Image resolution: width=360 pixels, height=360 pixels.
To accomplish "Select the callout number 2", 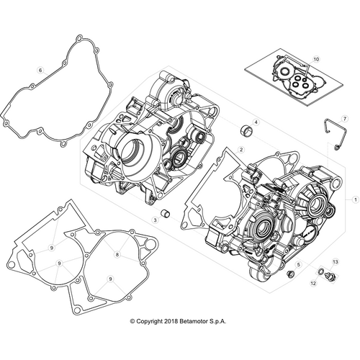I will click(x=241, y=148).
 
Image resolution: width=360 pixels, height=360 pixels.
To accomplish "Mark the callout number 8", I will click(x=117, y=255).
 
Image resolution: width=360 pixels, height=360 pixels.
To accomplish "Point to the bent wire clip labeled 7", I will click(x=329, y=134).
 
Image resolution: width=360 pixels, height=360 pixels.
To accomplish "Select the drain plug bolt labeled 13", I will click(x=329, y=276).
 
